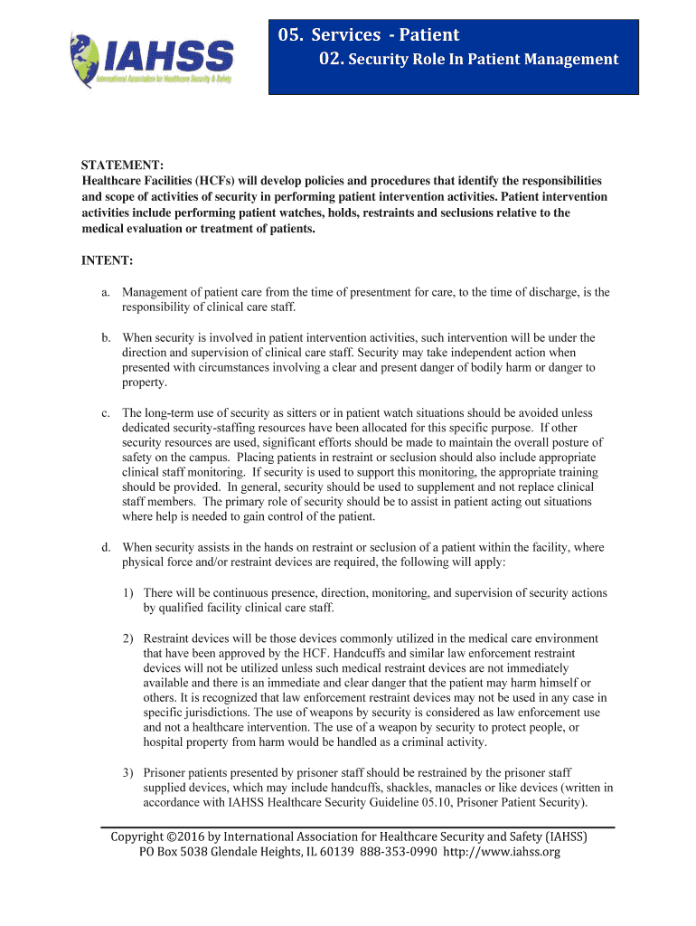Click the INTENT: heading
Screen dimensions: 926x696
[x=108, y=260]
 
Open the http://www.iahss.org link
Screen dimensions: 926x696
[x=502, y=852]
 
